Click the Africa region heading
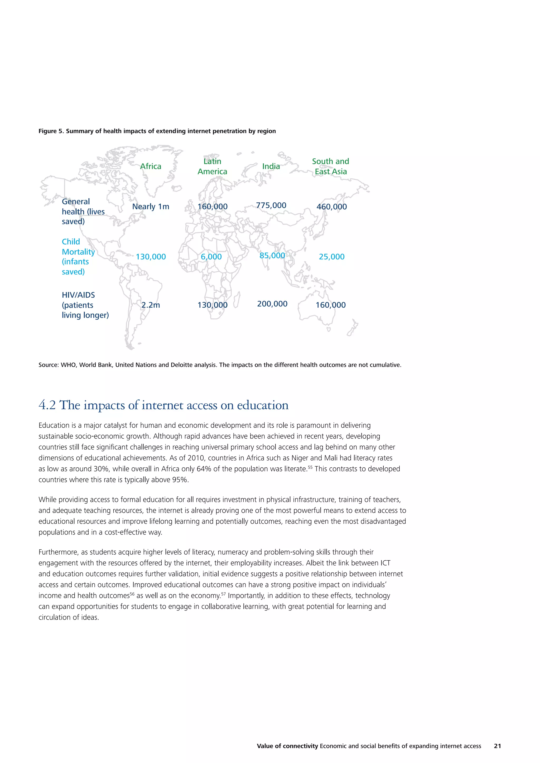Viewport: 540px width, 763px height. coord(151,166)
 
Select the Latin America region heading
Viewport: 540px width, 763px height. coord(213,166)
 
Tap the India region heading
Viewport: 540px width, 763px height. coord(271,166)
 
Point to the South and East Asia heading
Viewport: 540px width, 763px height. coord(331,166)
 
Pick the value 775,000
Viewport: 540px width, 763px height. coord(271,205)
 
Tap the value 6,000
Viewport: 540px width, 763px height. coord(211,257)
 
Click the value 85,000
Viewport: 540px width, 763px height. coord(272,255)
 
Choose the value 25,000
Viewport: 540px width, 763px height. coord(331,257)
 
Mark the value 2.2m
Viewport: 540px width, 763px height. coord(151,305)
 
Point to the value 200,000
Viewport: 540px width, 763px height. coord(272,304)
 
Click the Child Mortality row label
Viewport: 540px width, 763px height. coord(78,257)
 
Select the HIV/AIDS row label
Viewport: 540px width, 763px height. coord(85,305)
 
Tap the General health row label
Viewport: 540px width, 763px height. coord(83,211)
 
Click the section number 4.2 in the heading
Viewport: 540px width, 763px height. coord(47,405)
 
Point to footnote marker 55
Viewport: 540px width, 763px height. coord(310,467)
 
